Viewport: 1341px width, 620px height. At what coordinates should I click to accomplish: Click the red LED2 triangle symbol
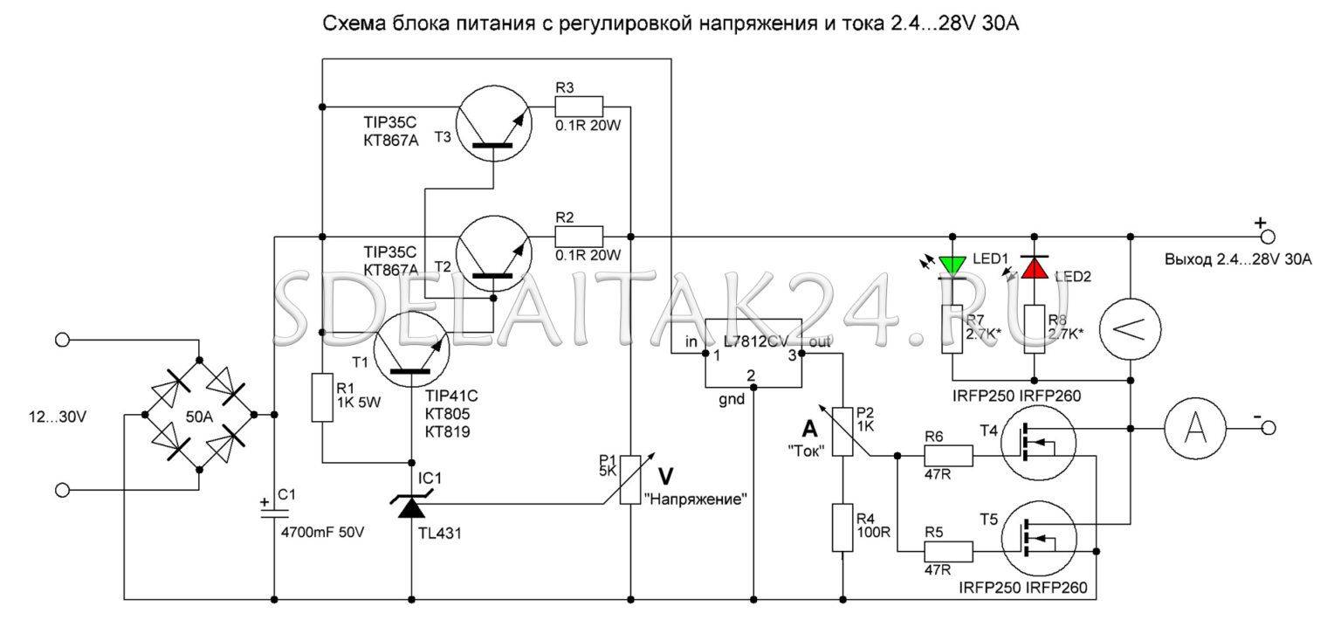tap(1035, 267)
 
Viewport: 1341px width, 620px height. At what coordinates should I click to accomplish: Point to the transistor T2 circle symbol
tap(492, 253)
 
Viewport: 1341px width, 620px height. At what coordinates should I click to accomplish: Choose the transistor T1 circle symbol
tap(410, 350)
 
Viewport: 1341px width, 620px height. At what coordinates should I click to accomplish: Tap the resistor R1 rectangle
tap(322, 397)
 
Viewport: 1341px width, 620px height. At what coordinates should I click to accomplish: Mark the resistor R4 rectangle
tap(842, 527)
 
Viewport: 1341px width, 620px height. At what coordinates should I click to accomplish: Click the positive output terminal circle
tap(1267, 237)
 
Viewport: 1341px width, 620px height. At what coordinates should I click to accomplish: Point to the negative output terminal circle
tap(1267, 429)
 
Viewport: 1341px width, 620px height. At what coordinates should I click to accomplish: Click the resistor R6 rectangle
tap(948, 456)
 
